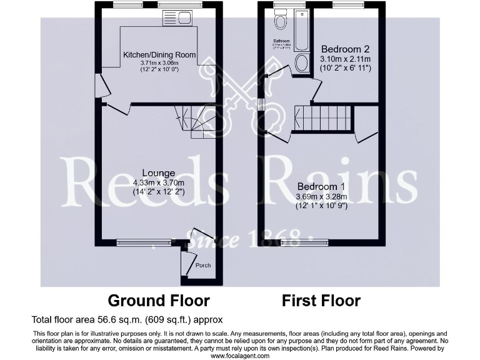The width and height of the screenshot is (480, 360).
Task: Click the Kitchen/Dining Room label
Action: tap(159, 55)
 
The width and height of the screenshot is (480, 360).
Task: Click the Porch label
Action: tap(203, 266)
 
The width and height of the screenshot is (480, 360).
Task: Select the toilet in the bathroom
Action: tap(281, 22)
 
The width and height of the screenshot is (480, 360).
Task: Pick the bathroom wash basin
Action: tap(301, 62)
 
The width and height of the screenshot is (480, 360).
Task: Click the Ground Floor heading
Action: tap(159, 301)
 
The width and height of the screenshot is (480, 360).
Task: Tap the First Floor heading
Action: tap(321, 301)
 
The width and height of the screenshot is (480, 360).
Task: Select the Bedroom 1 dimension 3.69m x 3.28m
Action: tap(321, 197)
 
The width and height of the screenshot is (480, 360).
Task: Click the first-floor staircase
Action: tap(323, 118)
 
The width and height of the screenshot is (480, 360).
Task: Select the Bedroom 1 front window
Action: tap(304, 242)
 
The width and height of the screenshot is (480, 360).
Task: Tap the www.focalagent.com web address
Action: tap(239, 355)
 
